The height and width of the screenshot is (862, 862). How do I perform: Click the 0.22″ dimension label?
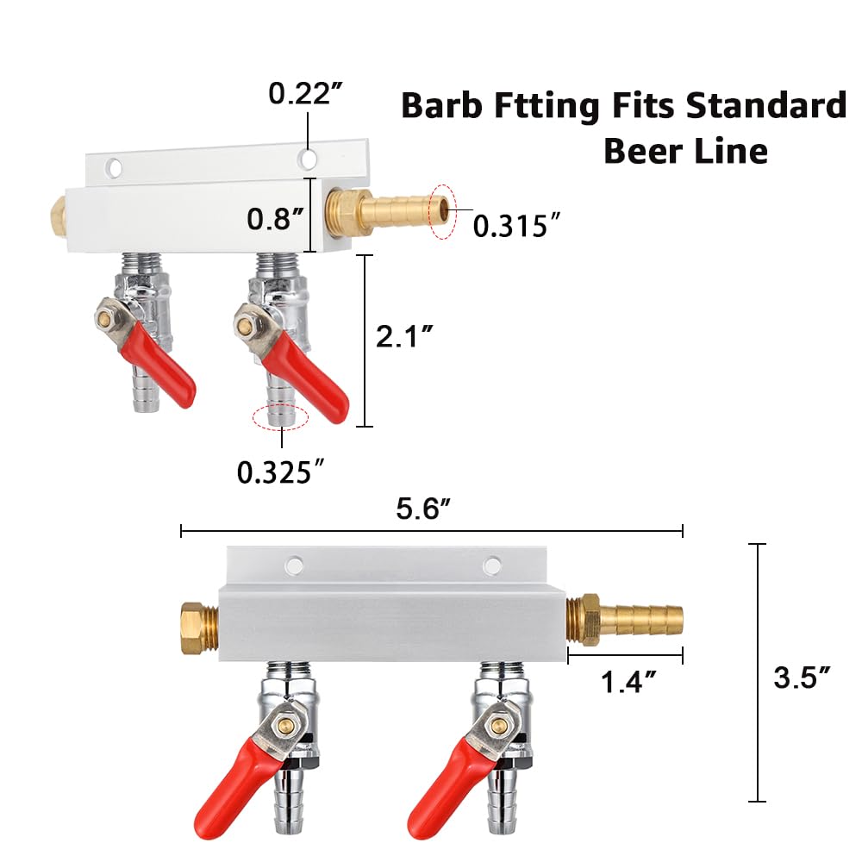[x=304, y=93]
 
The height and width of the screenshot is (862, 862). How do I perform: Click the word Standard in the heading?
[x=766, y=106]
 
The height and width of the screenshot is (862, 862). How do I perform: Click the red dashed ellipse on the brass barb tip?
[x=443, y=211]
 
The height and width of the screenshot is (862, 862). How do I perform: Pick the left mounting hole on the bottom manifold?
[x=295, y=565]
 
